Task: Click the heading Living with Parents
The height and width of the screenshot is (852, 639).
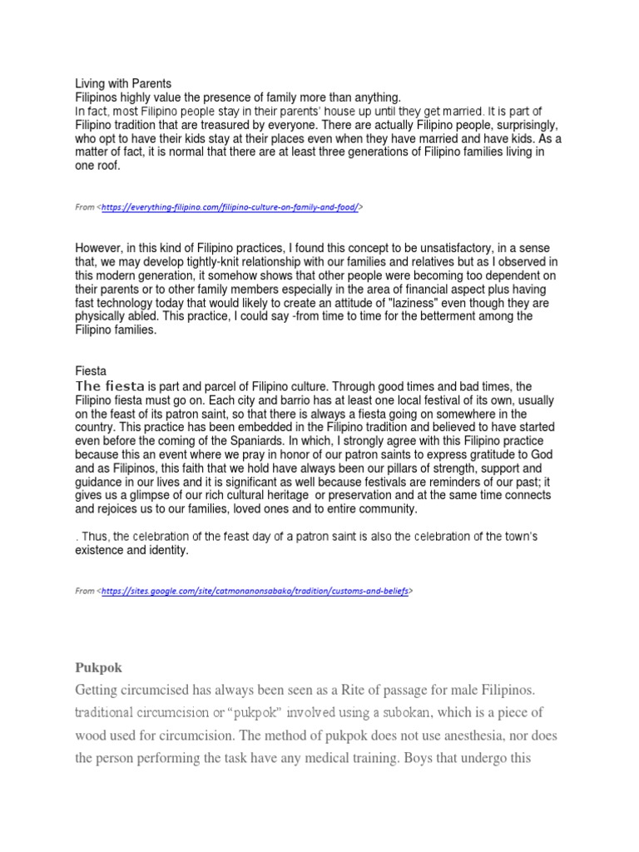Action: tap(123, 83)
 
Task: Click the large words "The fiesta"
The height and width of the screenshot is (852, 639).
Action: tap(111, 385)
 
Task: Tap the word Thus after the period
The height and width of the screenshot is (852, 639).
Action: tap(95, 537)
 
